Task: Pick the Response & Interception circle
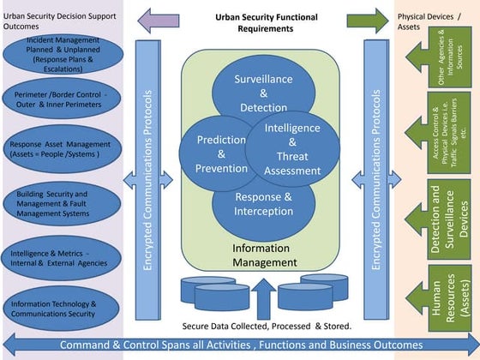[x=263, y=204]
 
